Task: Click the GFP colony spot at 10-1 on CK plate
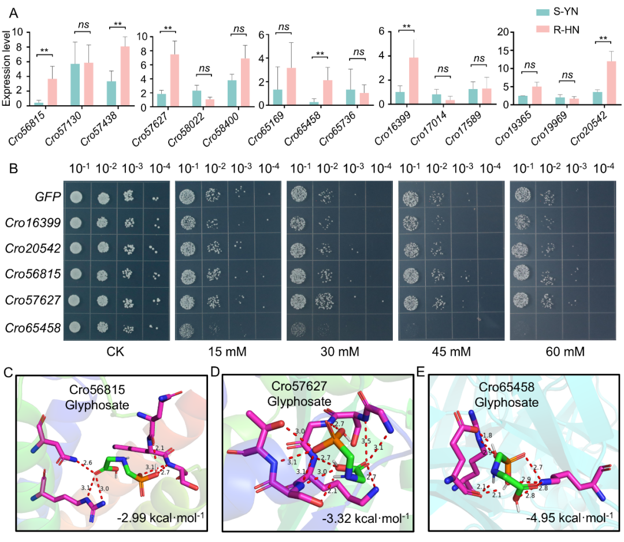coord(75,198)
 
